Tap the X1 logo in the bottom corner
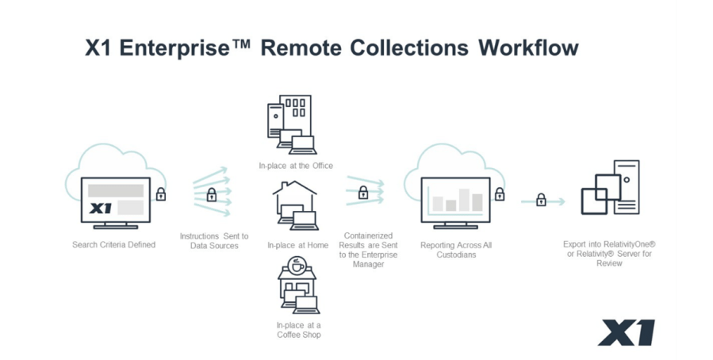tap(627, 332)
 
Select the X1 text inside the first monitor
tap(102, 209)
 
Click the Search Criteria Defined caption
tap(114, 244)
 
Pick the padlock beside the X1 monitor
tap(161, 193)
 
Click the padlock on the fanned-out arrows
tap(212, 194)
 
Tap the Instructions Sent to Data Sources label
tap(214, 241)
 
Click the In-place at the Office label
tap(295, 166)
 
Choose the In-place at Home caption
tap(297, 246)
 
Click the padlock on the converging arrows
tap(363, 192)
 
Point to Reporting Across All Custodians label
tap(456, 250)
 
